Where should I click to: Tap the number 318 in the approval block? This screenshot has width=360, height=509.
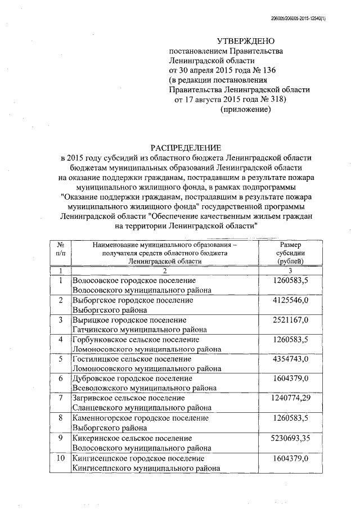tap(273, 100)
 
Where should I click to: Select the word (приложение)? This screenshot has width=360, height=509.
tap(245, 110)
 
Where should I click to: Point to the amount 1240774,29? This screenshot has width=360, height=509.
tap(291, 398)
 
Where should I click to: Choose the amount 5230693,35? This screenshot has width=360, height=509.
tap(291, 438)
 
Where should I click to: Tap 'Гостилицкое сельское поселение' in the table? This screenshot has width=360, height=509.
tap(132, 359)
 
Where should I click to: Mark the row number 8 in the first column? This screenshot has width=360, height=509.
tap(60, 418)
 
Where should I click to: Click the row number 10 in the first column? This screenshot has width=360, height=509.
tap(60, 459)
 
